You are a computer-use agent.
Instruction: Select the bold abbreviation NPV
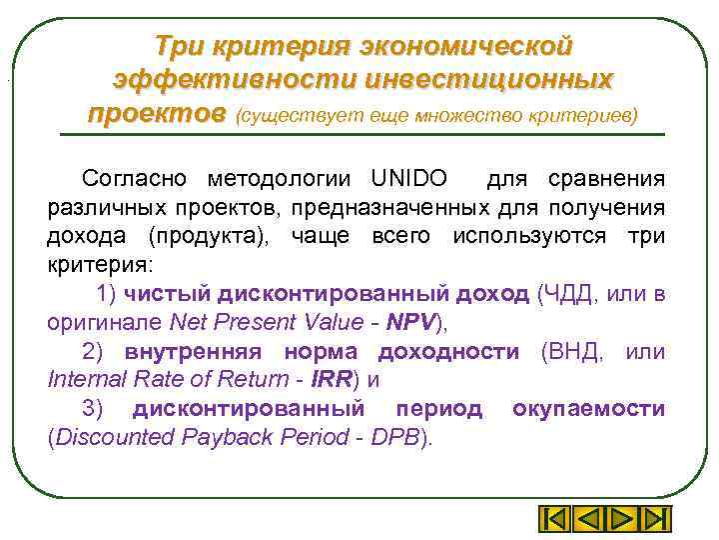click(410, 323)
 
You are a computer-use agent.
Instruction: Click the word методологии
click(280, 180)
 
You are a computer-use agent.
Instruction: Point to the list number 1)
click(109, 294)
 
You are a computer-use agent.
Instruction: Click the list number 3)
click(92, 410)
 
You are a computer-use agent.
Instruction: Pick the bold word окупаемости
click(589, 410)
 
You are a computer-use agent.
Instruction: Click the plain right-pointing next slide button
click(620, 520)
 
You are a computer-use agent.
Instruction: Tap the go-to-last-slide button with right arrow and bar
click(654, 520)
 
